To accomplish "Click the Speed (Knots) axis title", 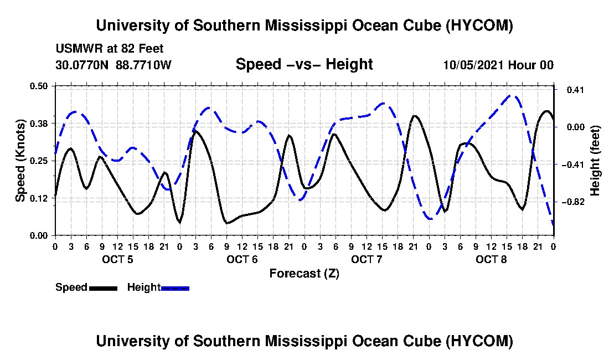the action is tap(20, 161).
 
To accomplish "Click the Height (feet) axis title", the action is tap(595, 161).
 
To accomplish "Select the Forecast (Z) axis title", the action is tap(304, 274).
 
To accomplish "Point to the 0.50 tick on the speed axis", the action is tap(39, 86).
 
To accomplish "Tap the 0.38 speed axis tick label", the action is tap(39, 124).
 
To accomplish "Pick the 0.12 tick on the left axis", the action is tap(39, 198).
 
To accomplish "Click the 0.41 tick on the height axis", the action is tap(575, 90).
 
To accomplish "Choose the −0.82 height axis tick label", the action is tap(573, 202).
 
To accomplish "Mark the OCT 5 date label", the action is tap(117, 259).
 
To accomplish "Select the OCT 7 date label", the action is tap(367, 259).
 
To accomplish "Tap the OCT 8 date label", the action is tap(491, 259).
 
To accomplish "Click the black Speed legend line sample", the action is tap(104, 288).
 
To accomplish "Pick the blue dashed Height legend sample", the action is tap(175, 288).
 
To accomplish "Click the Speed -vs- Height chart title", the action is tap(304, 64).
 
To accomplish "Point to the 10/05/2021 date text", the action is tap(474, 65).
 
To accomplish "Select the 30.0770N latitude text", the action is tap(82, 65).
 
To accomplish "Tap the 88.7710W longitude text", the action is tap(143, 65).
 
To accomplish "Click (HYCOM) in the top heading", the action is tap(479, 25).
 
